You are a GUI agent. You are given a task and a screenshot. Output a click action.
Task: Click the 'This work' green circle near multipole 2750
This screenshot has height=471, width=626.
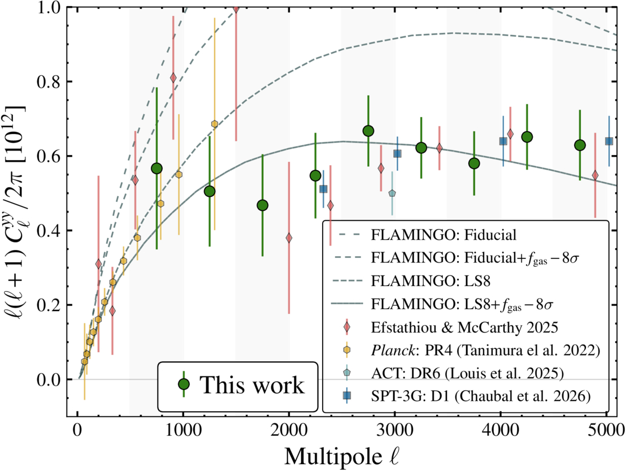pos(368,131)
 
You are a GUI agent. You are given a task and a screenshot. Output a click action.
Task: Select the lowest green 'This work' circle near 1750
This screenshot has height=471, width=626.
pos(262,205)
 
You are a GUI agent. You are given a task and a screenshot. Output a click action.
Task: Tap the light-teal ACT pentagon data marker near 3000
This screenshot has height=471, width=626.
pos(392,193)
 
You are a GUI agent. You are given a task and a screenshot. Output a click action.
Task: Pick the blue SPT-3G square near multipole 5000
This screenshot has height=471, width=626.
pos(609,141)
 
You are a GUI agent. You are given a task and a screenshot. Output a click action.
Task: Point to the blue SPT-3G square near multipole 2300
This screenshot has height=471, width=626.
pos(323,189)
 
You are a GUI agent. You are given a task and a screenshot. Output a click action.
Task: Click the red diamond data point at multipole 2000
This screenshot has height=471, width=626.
pos(289,238)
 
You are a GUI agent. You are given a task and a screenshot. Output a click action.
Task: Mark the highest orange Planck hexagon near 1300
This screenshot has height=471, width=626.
pos(215,124)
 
